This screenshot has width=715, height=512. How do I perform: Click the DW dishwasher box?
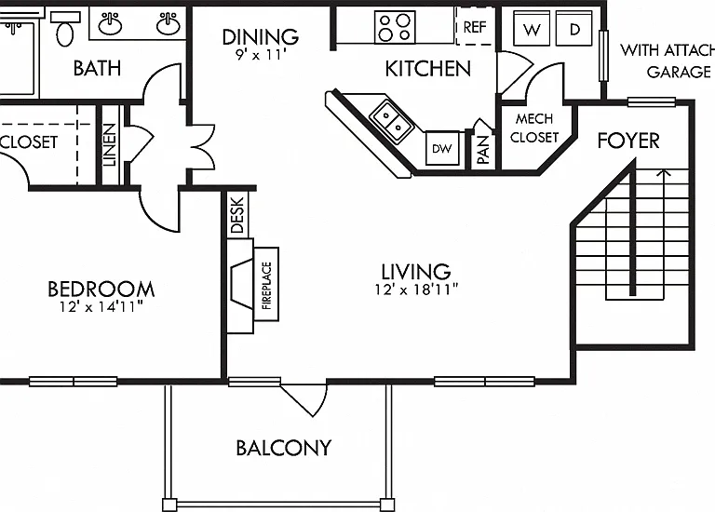(442, 148)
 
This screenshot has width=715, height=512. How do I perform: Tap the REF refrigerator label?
(475, 27)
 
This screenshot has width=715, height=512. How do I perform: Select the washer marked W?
(532, 28)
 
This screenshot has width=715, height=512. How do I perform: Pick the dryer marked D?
(574, 28)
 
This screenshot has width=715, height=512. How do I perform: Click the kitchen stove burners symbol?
(395, 27)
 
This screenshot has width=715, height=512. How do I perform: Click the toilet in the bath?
(65, 29)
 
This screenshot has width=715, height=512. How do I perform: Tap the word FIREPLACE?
(267, 286)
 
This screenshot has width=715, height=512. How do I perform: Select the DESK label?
(237, 215)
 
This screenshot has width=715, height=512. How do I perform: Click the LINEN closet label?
(110, 145)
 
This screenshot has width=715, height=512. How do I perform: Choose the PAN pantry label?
(483, 150)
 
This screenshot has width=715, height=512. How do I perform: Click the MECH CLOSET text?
(534, 128)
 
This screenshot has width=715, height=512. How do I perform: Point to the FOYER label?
(628, 141)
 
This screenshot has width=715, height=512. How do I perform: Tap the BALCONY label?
(284, 448)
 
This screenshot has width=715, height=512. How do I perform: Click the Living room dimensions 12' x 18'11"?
(416, 290)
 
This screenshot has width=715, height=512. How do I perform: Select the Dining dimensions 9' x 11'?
(261, 55)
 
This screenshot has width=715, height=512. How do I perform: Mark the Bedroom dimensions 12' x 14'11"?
(101, 307)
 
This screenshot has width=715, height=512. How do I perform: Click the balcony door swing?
(304, 400)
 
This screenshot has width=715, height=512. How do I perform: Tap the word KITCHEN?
(428, 68)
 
